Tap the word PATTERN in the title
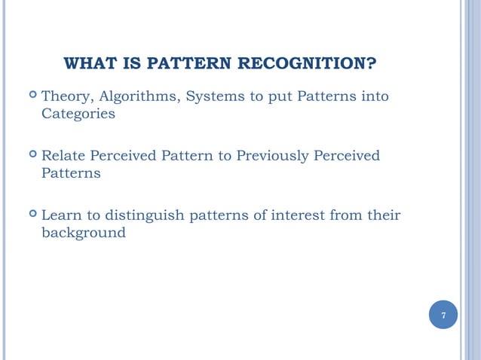pos(186,63)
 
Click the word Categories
pos(78,114)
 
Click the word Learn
pos(60,215)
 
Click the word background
pos(83,233)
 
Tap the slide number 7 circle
pos(443,315)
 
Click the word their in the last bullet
pos(382,215)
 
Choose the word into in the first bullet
pos(374,96)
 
